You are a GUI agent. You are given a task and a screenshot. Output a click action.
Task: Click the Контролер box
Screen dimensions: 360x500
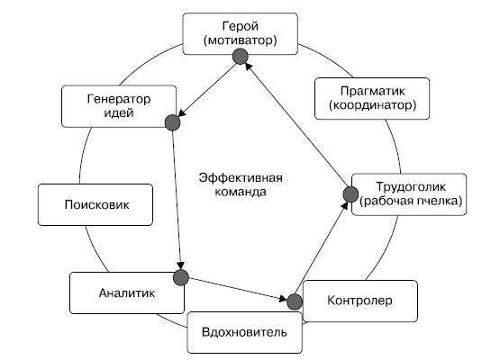360,300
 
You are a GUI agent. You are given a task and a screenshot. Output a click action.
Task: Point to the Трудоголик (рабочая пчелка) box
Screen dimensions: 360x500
410,194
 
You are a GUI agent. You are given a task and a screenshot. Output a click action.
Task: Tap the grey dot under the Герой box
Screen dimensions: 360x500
241,57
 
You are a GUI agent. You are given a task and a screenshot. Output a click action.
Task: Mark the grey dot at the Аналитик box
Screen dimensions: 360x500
181,276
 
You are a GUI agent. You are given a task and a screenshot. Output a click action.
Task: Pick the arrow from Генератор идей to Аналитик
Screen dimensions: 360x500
177,198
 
